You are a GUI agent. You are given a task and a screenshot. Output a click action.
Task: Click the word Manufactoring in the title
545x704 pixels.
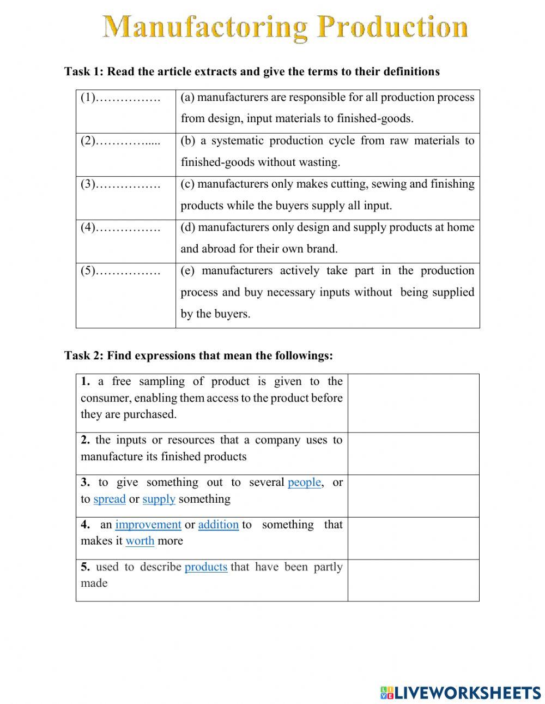point(205,27)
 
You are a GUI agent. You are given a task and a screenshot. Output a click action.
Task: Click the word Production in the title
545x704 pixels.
point(393,27)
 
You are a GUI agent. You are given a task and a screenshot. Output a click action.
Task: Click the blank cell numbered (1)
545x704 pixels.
point(125,111)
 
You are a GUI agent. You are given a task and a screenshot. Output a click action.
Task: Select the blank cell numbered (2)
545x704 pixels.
point(125,155)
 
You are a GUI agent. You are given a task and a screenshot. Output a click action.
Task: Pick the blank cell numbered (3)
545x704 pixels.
point(125,198)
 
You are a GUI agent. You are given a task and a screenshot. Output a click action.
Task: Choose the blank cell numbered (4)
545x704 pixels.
point(125,242)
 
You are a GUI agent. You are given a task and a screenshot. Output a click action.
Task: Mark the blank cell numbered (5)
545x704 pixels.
point(125,295)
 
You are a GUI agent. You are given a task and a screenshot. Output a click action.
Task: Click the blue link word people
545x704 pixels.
point(304,483)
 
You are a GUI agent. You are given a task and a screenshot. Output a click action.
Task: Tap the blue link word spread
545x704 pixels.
point(110,499)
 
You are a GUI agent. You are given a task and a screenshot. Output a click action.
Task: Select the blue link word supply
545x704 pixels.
point(159,499)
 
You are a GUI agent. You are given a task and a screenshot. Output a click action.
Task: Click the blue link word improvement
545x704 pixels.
point(148,525)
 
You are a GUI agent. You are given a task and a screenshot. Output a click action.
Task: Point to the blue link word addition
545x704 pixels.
point(218,525)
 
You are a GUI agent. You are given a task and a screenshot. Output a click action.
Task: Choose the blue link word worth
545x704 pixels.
point(140,541)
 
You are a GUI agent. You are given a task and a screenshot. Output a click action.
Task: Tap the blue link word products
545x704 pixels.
point(205,567)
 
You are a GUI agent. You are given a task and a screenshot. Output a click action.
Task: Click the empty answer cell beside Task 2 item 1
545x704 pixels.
point(413,403)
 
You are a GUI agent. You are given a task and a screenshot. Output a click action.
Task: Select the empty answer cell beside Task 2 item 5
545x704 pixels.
point(413,580)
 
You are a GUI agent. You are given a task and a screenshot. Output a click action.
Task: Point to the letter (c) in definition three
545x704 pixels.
point(187,184)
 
